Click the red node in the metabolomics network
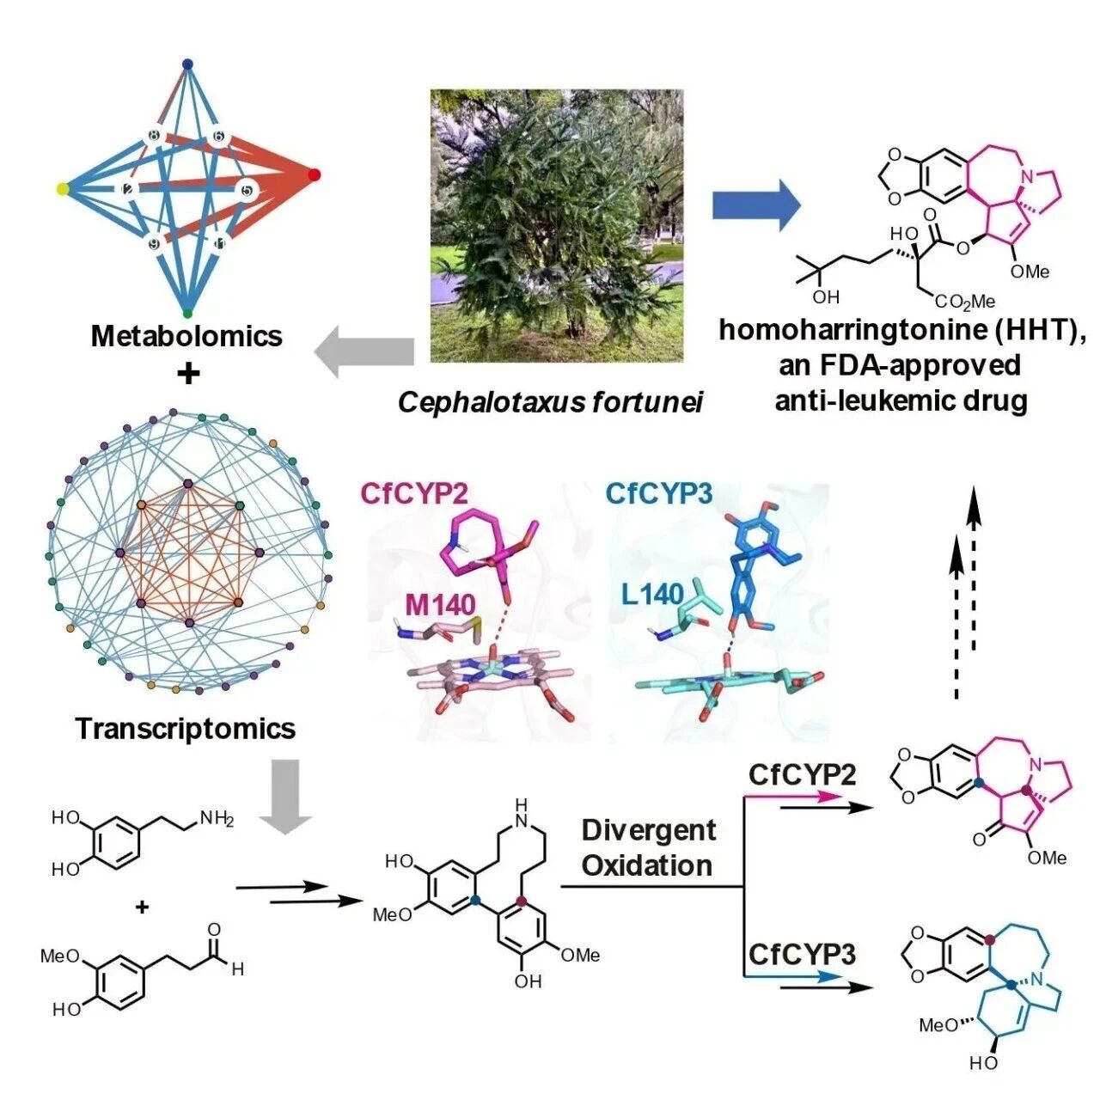click(x=314, y=175)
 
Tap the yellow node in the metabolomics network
click(x=63, y=189)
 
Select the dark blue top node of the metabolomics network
click(x=188, y=64)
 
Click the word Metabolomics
click(x=186, y=336)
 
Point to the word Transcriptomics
click(x=186, y=729)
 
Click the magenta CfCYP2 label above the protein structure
click(x=421, y=494)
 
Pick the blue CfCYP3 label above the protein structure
click(x=660, y=494)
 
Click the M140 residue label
click(x=439, y=605)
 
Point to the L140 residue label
click(x=652, y=596)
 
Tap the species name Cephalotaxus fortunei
click(x=550, y=403)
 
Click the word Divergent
click(x=649, y=830)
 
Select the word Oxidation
click(x=647, y=866)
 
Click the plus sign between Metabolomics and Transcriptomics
click(x=189, y=375)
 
